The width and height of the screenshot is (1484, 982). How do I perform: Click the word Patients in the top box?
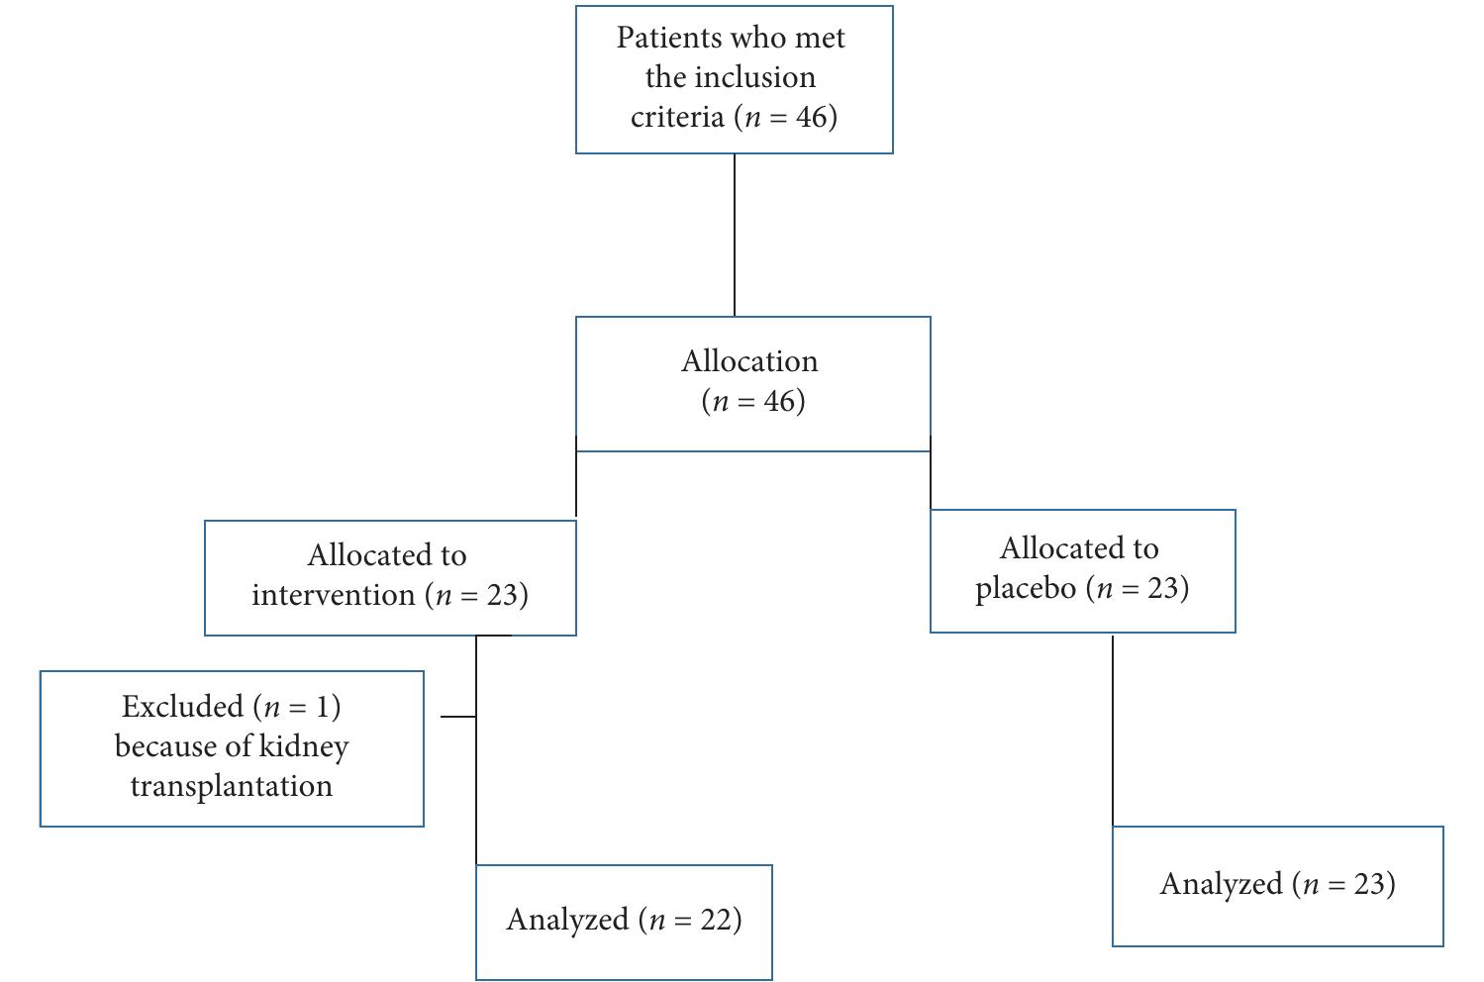point(669,38)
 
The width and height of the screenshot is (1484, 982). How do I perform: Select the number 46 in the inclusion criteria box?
point(814,117)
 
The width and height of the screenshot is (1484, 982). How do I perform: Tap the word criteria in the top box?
point(677,117)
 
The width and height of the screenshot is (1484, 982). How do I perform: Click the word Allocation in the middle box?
point(749,360)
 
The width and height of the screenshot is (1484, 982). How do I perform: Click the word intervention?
point(333,595)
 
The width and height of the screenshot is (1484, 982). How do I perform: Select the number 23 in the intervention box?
point(501,595)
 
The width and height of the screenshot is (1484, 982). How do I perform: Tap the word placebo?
point(1025,588)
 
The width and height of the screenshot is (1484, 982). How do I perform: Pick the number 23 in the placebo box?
point(1164,588)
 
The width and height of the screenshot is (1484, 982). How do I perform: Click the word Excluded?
point(182,707)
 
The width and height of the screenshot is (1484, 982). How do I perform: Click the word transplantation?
point(231,786)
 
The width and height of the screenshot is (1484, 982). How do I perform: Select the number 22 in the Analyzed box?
point(718,920)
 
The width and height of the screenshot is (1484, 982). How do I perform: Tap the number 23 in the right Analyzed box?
point(1371,883)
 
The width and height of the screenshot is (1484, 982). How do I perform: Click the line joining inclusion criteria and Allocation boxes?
point(735,235)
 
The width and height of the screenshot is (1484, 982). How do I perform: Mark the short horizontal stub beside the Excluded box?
point(457,716)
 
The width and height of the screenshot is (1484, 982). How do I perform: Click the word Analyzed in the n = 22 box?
point(567,920)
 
